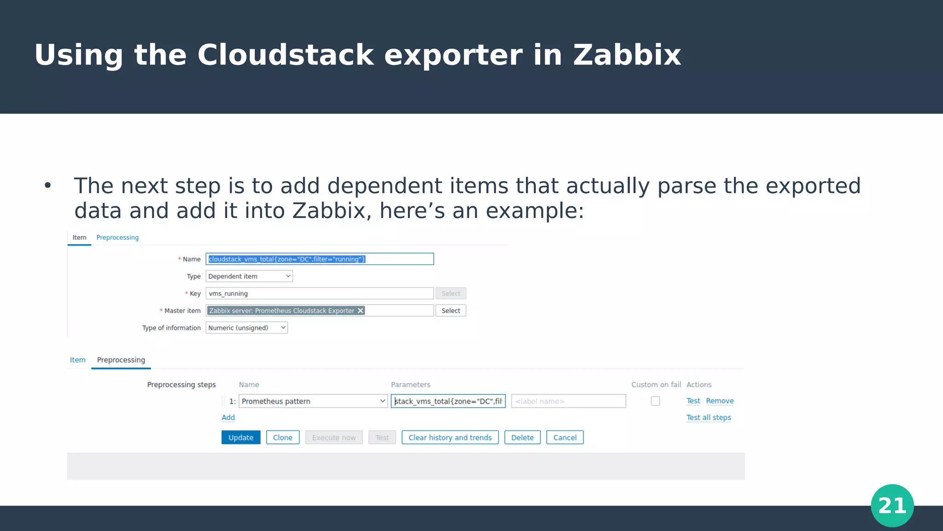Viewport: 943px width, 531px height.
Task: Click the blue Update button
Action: click(241, 437)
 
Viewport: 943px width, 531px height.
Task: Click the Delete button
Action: click(522, 437)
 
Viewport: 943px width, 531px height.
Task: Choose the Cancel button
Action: click(565, 437)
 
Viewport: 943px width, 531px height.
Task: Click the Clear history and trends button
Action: click(450, 437)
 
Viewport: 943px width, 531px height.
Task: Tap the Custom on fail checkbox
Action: click(655, 401)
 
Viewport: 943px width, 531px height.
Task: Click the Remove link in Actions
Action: click(720, 401)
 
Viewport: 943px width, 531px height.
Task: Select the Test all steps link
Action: click(709, 418)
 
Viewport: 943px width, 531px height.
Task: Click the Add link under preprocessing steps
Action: click(228, 418)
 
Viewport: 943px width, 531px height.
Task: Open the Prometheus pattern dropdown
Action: click(313, 401)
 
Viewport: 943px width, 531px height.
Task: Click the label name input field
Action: click(568, 401)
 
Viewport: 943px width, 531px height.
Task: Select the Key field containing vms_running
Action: click(320, 294)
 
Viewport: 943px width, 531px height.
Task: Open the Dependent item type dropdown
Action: click(249, 276)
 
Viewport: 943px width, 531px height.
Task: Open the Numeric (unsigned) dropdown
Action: click(246, 328)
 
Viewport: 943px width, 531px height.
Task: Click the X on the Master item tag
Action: click(361, 311)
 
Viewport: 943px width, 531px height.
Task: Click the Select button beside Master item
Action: click(451, 311)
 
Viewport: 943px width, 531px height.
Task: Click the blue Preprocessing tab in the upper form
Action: click(117, 237)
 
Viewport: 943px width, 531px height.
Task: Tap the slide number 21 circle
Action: click(892, 506)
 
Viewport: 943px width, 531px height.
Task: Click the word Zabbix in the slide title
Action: click(627, 55)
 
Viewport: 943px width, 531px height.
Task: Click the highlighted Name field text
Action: click(287, 259)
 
